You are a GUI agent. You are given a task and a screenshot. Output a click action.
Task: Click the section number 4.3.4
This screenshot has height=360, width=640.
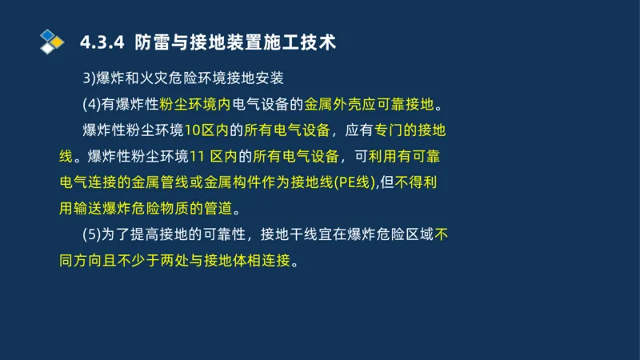tap(102, 42)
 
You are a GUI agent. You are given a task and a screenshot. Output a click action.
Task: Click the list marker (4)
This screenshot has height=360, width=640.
tap(91, 104)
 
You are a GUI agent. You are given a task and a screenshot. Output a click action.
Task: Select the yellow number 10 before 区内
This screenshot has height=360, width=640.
tap(192, 130)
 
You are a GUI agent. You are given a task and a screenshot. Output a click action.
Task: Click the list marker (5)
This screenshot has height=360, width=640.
tap(91, 234)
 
